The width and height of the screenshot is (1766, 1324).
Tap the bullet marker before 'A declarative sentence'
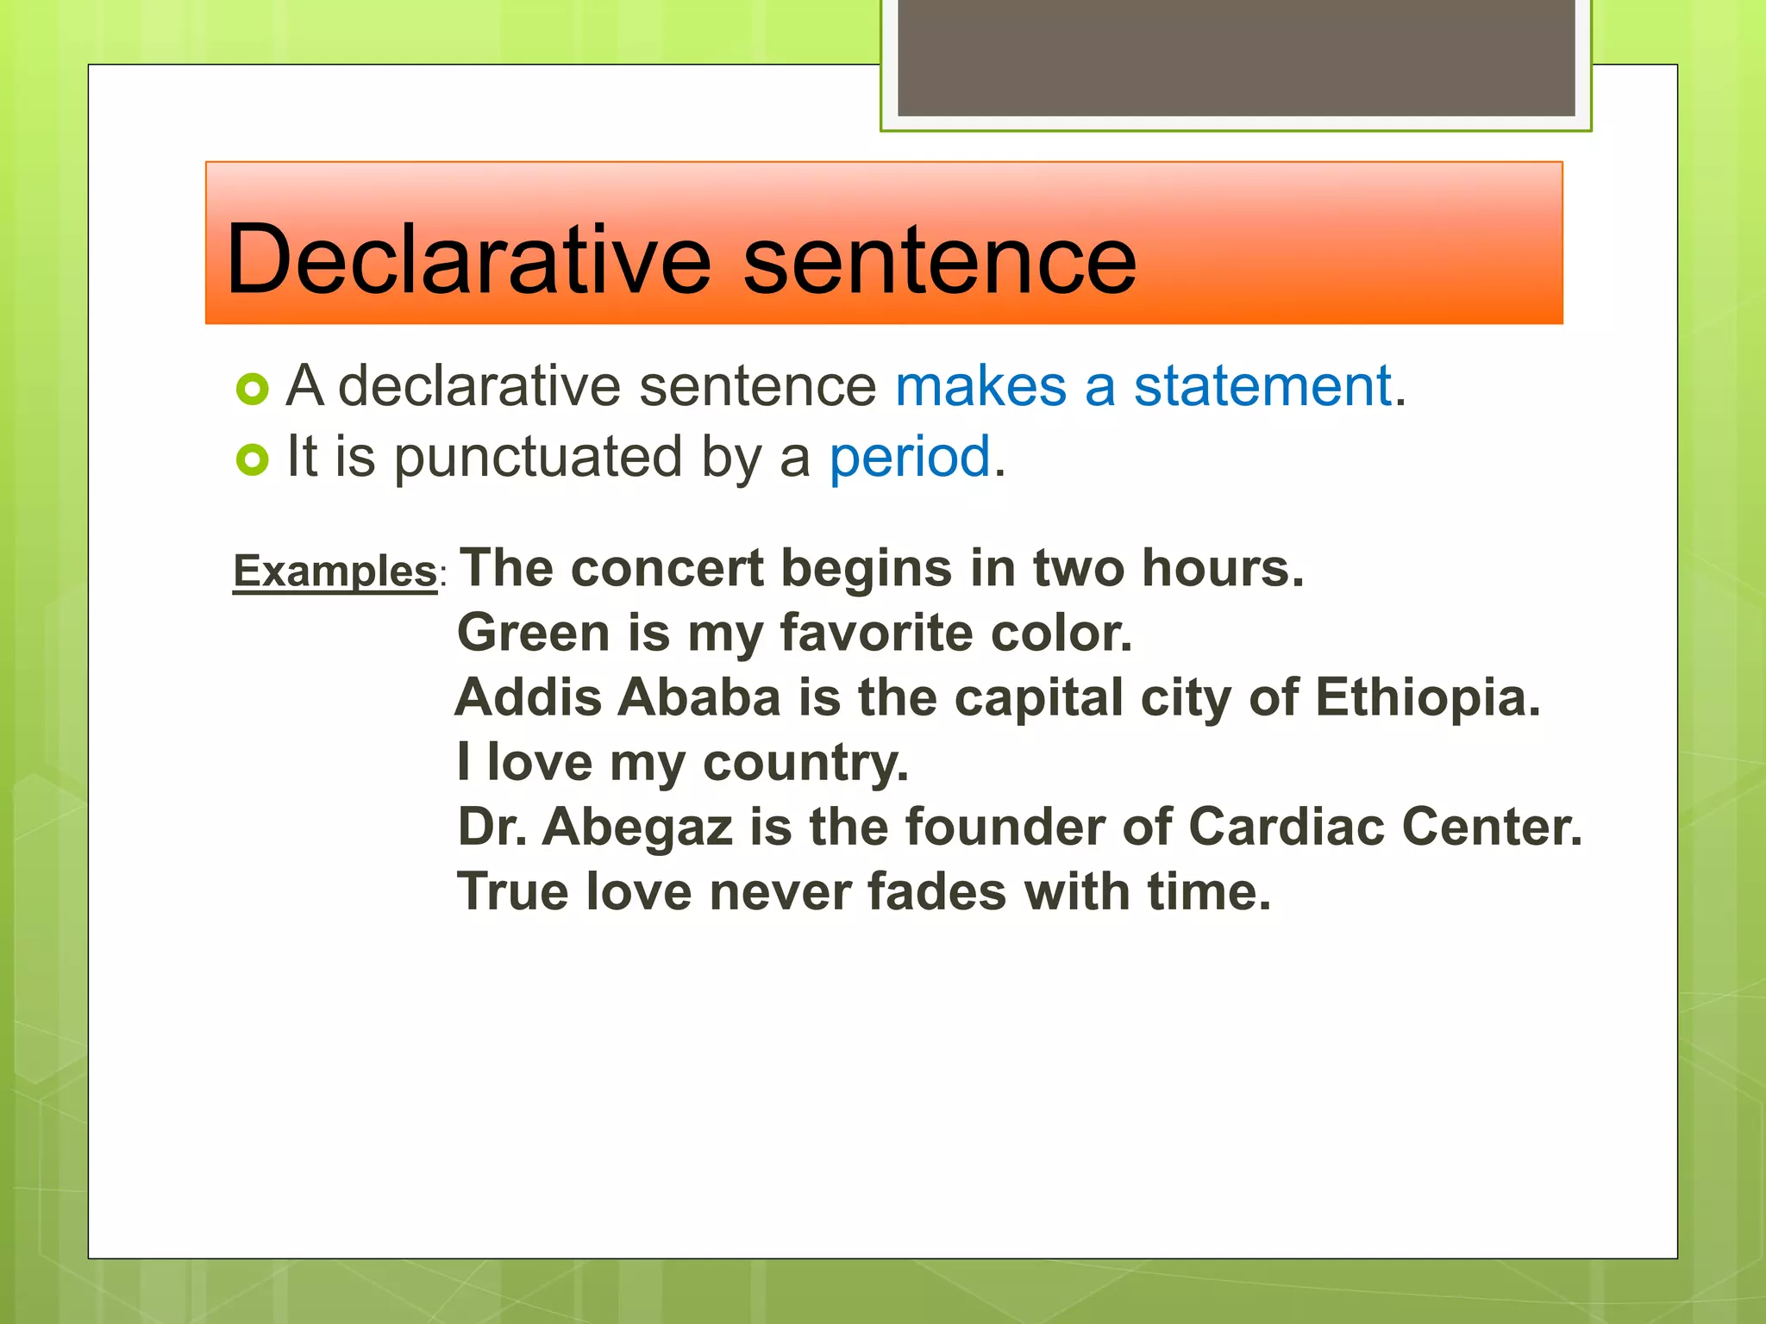[x=252, y=390]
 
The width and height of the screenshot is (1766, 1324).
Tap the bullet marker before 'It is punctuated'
[x=252, y=460]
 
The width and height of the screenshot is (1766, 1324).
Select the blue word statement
[x=1262, y=385]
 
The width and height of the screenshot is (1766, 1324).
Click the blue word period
[x=909, y=458]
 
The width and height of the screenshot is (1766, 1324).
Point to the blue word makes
[x=980, y=385]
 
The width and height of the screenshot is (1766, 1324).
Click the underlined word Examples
[x=335, y=571]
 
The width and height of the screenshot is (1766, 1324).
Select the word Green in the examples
[x=534, y=633]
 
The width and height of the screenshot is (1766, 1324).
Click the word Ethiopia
[x=1426, y=697]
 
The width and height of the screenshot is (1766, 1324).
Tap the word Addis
[x=529, y=697]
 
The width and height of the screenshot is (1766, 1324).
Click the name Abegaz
[x=637, y=827]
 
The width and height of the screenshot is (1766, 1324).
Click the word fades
[x=936, y=891]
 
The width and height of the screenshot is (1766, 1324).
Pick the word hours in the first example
[x=1222, y=569]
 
